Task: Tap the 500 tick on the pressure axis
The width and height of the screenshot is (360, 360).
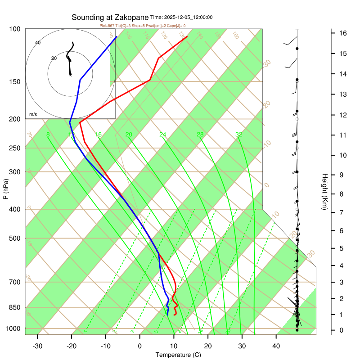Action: tap(14, 238)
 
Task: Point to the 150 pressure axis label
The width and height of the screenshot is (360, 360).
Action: tap(14, 81)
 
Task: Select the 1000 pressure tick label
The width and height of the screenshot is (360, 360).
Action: tap(13, 328)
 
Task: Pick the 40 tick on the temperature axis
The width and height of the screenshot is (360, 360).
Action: tap(276, 346)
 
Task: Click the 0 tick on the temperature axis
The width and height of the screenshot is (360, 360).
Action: tap(139, 346)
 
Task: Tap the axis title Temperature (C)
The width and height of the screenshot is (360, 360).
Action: tap(178, 355)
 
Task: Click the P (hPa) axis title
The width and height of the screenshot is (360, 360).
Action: tap(5, 189)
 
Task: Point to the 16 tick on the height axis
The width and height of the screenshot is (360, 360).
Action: tap(342, 33)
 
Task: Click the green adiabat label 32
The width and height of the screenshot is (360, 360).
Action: tap(239, 135)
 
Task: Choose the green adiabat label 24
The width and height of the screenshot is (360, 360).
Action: tap(163, 135)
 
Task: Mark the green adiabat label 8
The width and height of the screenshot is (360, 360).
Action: tap(48, 135)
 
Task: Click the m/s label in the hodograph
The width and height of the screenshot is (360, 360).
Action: tap(33, 114)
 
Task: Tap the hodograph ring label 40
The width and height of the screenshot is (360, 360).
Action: tap(38, 43)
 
